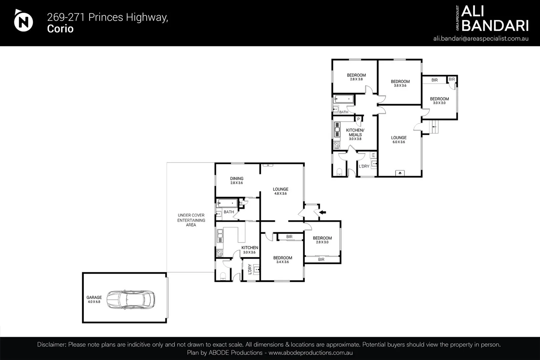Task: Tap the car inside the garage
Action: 131,299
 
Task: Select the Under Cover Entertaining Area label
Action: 191,220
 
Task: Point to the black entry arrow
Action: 323,212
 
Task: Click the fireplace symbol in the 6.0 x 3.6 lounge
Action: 400,173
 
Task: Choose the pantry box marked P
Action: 359,119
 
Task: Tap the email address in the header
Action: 481,38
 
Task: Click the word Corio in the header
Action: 60,29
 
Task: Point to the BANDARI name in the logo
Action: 495,25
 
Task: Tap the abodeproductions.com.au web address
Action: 311,353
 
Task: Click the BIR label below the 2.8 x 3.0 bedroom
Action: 321,259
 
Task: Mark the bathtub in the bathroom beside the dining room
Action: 227,203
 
